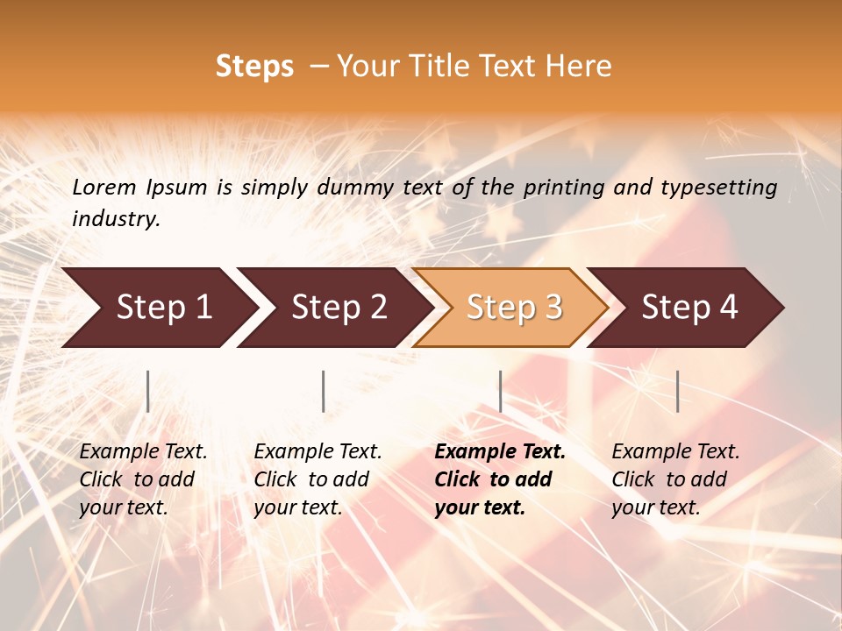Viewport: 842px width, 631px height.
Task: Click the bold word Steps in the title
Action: point(254,67)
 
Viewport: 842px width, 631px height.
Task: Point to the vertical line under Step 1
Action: point(148,391)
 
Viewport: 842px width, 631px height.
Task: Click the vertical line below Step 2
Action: point(324,391)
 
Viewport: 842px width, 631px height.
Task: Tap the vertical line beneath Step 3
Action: point(501,391)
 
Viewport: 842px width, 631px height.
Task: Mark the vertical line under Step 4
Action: point(678,391)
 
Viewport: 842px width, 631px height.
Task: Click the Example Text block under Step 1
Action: point(143,479)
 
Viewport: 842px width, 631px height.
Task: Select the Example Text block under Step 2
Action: point(318,479)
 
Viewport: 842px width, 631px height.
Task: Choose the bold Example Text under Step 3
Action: point(499,479)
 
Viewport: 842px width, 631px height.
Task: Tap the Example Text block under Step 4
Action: point(675,479)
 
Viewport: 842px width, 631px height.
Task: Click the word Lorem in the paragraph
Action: point(103,188)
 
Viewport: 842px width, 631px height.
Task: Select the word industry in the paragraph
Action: point(115,219)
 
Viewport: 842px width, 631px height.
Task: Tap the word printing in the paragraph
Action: point(568,188)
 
